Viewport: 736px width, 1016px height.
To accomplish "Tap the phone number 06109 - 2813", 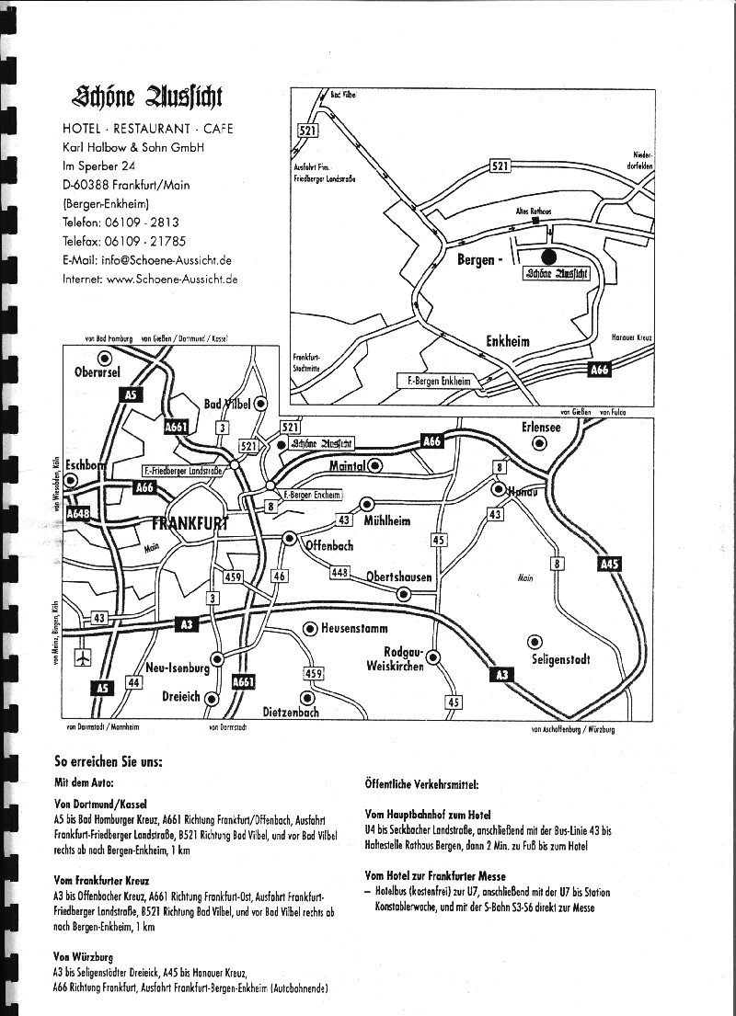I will [x=146, y=223].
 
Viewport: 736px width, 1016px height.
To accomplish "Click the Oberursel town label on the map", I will [x=97, y=372].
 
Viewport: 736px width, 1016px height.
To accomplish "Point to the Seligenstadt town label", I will [x=561, y=659].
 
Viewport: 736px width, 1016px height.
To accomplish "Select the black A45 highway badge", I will [x=609, y=565].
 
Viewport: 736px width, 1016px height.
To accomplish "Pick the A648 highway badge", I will [x=79, y=515].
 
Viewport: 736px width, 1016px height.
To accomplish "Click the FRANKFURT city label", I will [x=190, y=525].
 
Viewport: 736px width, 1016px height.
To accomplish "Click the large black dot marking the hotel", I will [x=549, y=257].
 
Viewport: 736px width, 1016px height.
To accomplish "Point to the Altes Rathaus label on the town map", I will [x=533, y=211].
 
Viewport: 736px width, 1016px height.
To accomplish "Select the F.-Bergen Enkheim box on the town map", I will [x=436, y=380].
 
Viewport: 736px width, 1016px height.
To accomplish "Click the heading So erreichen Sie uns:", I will [x=109, y=762].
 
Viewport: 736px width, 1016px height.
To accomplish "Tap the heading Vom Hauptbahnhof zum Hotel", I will [x=428, y=815].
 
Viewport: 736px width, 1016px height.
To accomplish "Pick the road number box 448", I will [x=340, y=572].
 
